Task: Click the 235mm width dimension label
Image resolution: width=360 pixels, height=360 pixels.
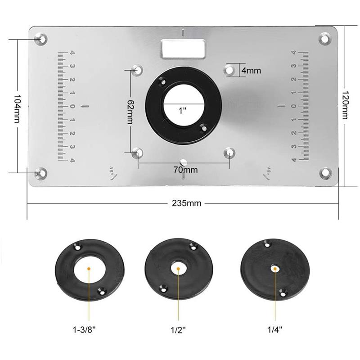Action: (186, 203)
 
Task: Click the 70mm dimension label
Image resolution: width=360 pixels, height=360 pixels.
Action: (184, 170)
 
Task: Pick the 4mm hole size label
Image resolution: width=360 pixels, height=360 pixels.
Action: (251, 71)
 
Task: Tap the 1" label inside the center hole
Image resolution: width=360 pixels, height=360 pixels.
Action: (182, 110)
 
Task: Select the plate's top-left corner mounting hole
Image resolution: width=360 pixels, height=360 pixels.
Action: (41, 39)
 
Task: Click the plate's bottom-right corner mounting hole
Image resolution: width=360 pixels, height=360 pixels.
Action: (325, 172)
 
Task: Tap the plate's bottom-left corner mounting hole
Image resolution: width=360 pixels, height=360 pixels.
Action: (41, 172)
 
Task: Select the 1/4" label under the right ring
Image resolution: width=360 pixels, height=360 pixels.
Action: (274, 329)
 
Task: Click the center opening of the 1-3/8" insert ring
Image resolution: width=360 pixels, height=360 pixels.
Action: (90, 269)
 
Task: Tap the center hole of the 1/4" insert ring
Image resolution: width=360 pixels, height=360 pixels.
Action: (274, 269)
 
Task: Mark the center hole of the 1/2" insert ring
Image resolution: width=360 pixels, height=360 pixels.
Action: (179, 269)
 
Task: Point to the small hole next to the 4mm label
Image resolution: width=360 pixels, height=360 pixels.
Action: (229, 70)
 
